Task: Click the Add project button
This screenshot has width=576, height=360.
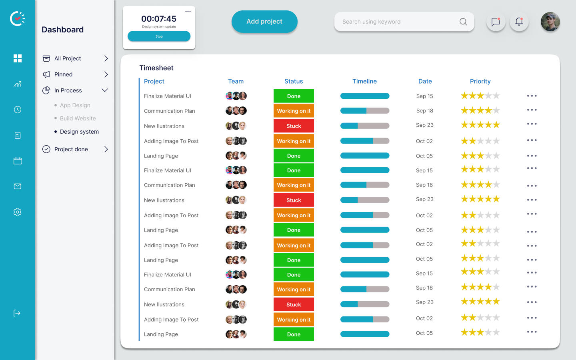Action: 264,22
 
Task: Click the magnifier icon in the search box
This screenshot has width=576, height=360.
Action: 463,22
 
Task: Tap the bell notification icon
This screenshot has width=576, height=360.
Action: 519,22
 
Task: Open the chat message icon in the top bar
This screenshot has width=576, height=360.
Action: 496,22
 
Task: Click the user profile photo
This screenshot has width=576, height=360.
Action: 550,22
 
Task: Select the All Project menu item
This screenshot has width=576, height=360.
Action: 68,58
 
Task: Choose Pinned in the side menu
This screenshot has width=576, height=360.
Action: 63,74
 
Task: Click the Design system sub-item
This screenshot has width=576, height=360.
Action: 79,132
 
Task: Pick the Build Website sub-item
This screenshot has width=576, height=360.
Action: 78,118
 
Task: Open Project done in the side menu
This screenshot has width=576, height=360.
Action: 71,149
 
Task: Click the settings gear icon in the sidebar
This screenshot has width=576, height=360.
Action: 18,212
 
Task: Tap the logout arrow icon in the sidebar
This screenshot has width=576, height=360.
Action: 17,313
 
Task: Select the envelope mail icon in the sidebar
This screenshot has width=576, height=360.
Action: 18,186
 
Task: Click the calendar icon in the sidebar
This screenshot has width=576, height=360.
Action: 18,161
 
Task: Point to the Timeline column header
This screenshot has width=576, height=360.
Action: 364,81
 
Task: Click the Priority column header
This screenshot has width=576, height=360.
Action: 480,81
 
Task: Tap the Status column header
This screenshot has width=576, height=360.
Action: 294,81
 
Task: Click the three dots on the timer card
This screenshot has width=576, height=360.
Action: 188,12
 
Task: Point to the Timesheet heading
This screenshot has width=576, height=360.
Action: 156,68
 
